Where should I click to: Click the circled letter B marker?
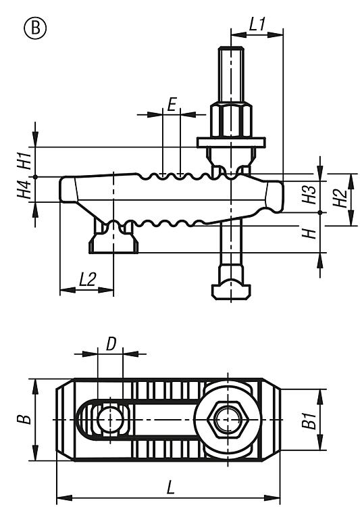coord(35,28)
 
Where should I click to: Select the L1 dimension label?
coord(257,24)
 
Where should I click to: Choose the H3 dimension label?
coord(309,195)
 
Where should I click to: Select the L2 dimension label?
coord(88,279)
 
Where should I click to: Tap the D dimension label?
coord(111,344)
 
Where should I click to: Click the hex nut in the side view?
coord(231,120)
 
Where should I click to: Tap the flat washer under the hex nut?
coord(231,142)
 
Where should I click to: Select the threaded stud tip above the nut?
coord(231,74)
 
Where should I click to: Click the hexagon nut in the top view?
coord(228,420)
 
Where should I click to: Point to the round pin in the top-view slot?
coord(110,420)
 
